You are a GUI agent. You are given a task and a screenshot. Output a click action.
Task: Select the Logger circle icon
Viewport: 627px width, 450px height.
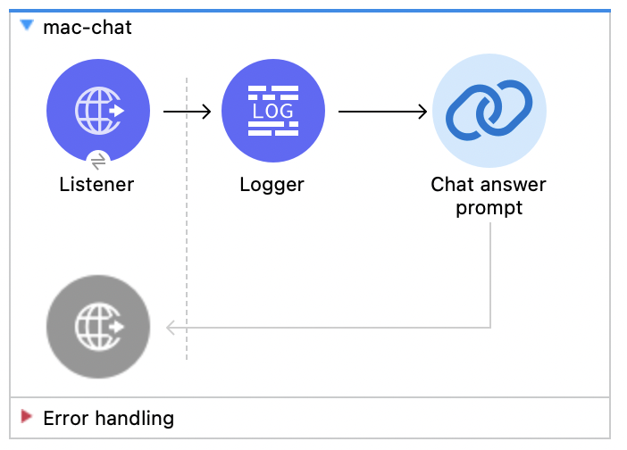(272, 112)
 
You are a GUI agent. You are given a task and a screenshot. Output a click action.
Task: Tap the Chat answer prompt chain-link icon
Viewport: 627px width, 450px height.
(489, 112)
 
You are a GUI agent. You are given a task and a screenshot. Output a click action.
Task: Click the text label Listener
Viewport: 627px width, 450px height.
(96, 185)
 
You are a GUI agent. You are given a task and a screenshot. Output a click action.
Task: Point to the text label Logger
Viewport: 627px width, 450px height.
(272, 185)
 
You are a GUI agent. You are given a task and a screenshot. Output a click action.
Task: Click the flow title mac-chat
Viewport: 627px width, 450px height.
(88, 27)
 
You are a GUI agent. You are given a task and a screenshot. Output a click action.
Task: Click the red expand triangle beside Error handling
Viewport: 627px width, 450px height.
(27, 417)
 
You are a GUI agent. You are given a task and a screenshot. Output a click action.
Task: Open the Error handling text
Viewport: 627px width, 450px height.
(108, 418)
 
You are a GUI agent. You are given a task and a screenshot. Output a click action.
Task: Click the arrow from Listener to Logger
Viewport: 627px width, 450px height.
(187, 112)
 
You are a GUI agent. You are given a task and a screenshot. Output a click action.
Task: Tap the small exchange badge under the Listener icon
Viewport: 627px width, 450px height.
(98, 161)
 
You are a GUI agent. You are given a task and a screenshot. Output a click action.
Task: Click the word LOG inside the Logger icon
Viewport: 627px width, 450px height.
(272, 112)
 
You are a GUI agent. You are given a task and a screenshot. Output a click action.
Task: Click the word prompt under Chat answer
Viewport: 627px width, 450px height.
(489, 208)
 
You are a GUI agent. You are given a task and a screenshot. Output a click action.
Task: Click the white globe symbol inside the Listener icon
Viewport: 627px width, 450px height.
(93, 112)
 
